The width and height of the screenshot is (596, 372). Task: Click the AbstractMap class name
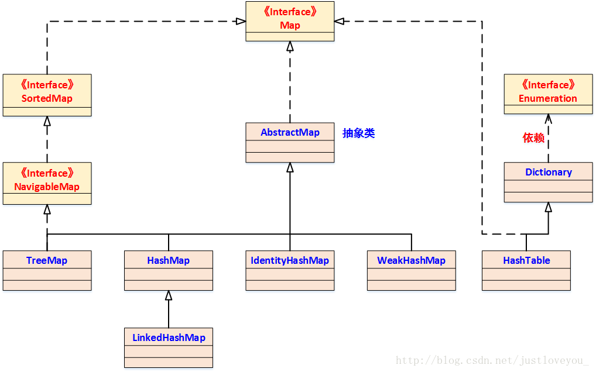click(x=290, y=132)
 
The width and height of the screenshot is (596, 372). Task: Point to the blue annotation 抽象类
click(x=358, y=133)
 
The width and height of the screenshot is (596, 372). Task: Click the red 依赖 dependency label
click(x=533, y=138)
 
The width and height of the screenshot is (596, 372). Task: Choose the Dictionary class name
click(x=549, y=172)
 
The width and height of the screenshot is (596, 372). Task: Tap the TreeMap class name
click(x=47, y=260)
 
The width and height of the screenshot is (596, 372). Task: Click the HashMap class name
click(x=169, y=260)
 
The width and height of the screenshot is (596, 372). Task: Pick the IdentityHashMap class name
click(x=290, y=260)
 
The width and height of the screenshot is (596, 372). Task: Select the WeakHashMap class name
click(x=411, y=260)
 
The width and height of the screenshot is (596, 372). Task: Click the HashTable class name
click(x=526, y=260)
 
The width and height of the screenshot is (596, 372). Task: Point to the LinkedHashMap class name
click(x=169, y=337)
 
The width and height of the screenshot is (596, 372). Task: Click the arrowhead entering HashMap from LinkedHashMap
click(x=169, y=295)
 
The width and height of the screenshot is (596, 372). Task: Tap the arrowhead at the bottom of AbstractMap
click(x=290, y=168)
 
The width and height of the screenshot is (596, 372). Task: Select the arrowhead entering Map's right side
click(x=339, y=22)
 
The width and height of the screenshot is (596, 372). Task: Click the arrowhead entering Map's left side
click(x=241, y=22)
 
